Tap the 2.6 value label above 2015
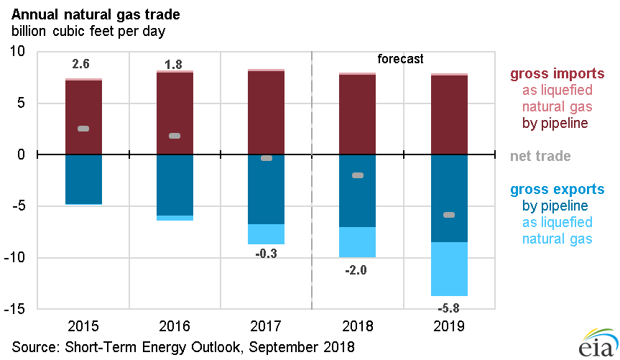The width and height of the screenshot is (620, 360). (x=81, y=64)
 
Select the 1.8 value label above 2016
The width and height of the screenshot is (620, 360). (x=173, y=65)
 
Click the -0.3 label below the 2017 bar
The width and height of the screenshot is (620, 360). (x=265, y=252)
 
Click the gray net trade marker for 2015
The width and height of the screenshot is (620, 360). (x=83, y=129)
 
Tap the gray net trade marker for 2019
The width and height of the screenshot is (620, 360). (x=449, y=215)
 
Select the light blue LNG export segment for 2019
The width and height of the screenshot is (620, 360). (x=449, y=269)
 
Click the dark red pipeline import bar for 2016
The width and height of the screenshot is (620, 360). (x=174, y=113)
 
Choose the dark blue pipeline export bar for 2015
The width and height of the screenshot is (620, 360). (x=83, y=179)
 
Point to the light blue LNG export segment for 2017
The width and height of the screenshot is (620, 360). (x=266, y=234)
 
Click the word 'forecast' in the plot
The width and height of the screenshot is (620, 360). (x=400, y=59)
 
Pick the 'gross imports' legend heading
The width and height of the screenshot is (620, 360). (x=557, y=74)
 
